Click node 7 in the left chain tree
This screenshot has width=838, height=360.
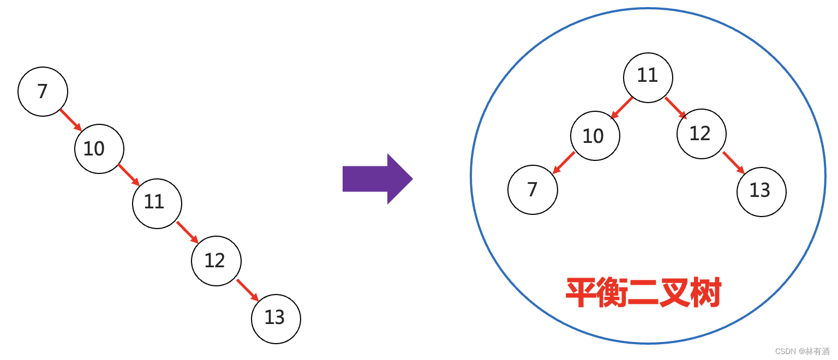tap(43, 92)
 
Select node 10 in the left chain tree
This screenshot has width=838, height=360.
tap(99, 149)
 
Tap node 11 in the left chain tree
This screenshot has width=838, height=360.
tap(157, 203)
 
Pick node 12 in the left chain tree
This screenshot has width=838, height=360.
tap(216, 261)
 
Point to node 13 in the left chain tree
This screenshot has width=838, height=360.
tap(276, 319)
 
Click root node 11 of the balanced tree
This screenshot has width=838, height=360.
tap(648, 77)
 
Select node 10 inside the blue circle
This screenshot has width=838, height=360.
tap(595, 136)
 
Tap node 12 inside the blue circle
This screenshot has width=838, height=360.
tap(702, 134)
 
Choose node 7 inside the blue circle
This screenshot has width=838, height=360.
tap(532, 190)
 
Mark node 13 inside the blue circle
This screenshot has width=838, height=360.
tap(762, 191)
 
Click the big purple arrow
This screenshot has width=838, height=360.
tap(378, 179)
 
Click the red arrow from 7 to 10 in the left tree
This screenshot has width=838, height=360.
tap(71, 120)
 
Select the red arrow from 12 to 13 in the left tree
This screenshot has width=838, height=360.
tap(248, 290)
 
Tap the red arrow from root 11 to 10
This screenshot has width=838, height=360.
tap(621, 108)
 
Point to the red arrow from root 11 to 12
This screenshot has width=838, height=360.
tap(676, 108)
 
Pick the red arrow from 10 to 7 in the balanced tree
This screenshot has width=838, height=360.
tap(564, 163)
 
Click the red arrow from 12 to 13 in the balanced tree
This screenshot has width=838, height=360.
tap(734, 163)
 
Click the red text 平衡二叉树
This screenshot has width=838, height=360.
tap(643, 292)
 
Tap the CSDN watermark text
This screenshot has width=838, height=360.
tap(802, 351)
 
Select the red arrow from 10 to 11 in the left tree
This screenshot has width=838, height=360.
tap(129, 175)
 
